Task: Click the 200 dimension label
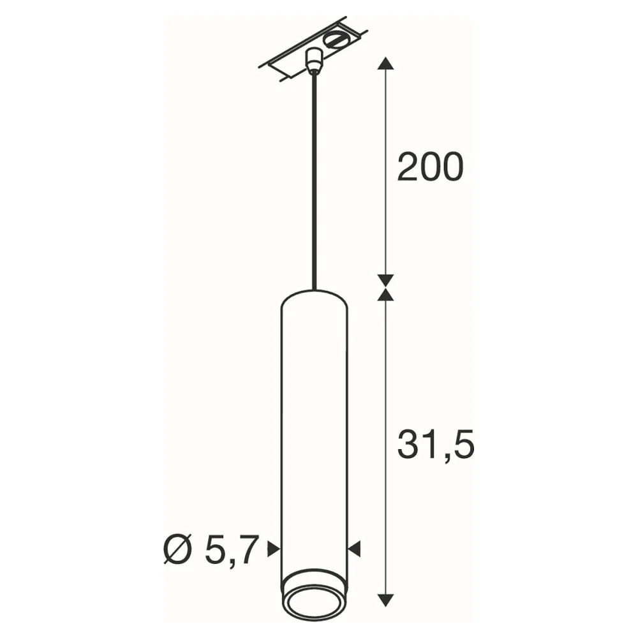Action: [430, 167]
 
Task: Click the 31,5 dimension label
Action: [436, 445]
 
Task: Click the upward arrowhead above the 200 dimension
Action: [385, 64]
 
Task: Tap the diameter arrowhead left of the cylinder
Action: [274, 549]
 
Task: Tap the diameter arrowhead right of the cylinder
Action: [354, 549]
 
